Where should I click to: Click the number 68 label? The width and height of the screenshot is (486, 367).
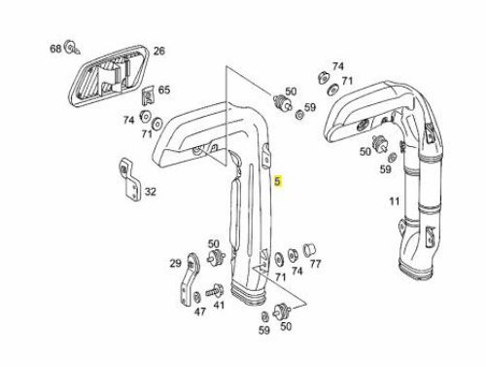(x=55, y=49)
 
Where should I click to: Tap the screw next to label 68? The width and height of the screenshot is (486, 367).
(x=73, y=48)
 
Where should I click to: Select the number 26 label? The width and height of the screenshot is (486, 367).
(x=158, y=51)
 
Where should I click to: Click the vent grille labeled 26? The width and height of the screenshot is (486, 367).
(x=109, y=75)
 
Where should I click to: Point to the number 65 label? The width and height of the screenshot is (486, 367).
(x=164, y=90)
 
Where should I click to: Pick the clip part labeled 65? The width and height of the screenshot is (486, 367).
(x=149, y=95)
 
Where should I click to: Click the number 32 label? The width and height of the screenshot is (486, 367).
(x=150, y=192)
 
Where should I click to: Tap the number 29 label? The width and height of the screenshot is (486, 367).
(x=176, y=263)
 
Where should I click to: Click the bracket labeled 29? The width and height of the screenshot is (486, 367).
(x=190, y=279)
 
